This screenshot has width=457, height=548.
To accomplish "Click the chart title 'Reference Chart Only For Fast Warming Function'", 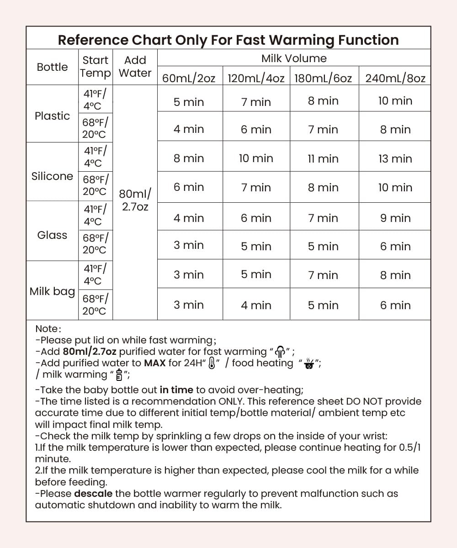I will coord(228,40).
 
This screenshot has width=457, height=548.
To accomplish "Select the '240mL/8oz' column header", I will coord(395,78).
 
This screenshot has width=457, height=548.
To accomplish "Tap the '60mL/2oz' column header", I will coord(189,78).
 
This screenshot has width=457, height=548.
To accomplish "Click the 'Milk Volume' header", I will coord(294,58).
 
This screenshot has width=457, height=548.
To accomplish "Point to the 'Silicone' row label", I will coord(52,176).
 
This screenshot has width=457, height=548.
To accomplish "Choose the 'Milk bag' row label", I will coord(52,291).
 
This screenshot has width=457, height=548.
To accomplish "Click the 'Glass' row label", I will coord(52,235).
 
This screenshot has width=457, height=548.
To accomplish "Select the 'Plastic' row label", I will coord(52,116).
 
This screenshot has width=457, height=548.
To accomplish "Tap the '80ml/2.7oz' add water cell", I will coord(135,200).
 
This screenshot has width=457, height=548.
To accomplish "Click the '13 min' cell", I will coord(395,158).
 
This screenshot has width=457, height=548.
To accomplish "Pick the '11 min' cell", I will coord(323,158).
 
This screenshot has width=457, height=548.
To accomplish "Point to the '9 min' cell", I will coord(395,218).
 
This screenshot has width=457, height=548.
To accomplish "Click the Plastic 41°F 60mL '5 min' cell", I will coord(189,101).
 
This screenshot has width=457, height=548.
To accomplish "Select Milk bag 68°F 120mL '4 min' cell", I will coord(256,305).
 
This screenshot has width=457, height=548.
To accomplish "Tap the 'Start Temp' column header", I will coord(95,67).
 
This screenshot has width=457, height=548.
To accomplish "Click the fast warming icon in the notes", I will coord(280,352).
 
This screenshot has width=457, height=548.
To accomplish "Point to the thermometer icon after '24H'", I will coord(212,364).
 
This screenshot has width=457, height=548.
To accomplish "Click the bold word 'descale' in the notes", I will coord(93,494).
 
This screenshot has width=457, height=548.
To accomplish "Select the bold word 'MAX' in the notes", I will coord(154,364).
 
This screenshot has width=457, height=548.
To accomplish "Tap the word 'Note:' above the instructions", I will coord(48,329).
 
